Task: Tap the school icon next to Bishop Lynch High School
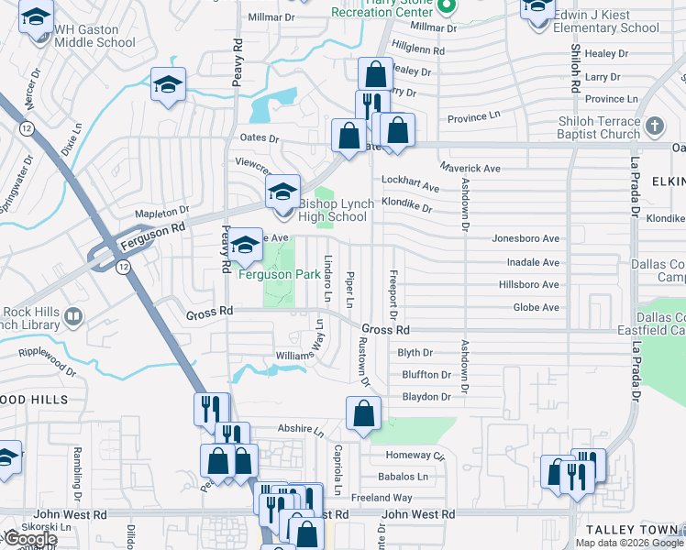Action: click(x=282, y=192)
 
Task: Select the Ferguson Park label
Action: click(x=280, y=274)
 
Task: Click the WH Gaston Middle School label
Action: click(x=94, y=36)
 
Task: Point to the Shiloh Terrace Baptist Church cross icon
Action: click(x=655, y=126)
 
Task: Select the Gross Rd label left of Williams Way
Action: click(x=210, y=312)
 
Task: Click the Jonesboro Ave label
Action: click(x=526, y=238)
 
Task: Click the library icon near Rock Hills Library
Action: click(x=72, y=317)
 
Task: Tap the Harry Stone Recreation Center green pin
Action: click(x=447, y=6)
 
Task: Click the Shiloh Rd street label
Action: click(x=576, y=69)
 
